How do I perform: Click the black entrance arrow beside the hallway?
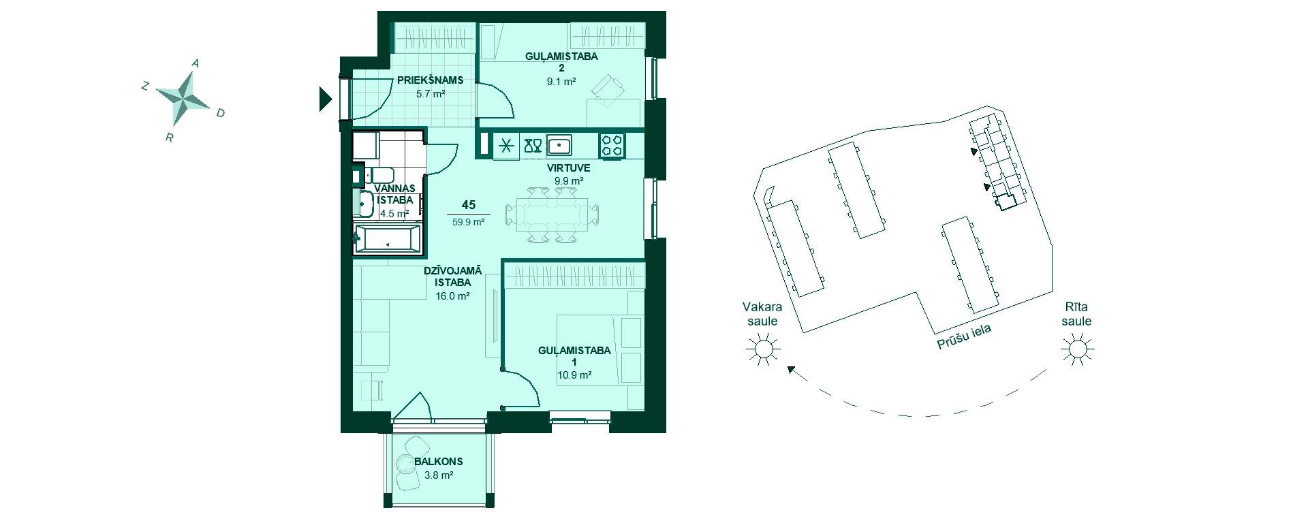pyautogui.click(x=325, y=99)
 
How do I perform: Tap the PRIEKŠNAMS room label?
pyautogui.click(x=430, y=80)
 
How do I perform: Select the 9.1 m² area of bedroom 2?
pyautogui.click(x=561, y=82)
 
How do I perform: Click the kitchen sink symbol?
pyautogui.click(x=559, y=145)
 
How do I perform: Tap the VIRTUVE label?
pyautogui.click(x=568, y=168)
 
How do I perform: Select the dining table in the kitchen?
pyautogui.click(x=552, y=215)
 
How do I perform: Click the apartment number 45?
pyautogui.click(x=468, y=205)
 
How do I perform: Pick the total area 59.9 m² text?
pyautogui.click(x=468, y=222)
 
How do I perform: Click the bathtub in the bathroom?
pyautogui.click(x=387, y=239)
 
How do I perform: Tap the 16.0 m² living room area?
pyautogui.click(x=452, y=296)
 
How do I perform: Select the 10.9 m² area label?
pyautogui.click(x=574, y=375)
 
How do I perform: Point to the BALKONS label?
pyautogui.click(x=438, y=462)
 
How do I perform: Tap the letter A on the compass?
pyautogui.click(x=196, y=63)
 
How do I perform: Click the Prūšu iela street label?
pyautogui.click(x=964, y=336)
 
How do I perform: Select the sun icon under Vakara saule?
pyautogui.click(x=762, y=349)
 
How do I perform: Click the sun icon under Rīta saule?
pyautogui.click(x=1077, y=349)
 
